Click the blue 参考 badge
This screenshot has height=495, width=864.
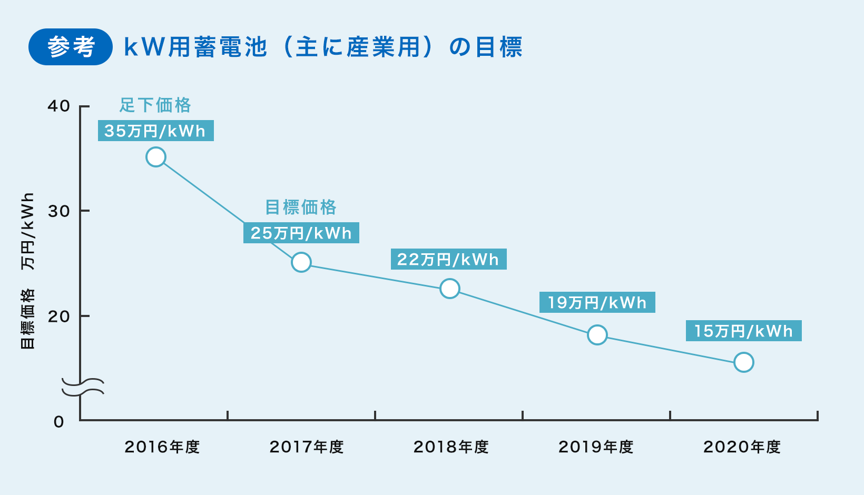[71, 47]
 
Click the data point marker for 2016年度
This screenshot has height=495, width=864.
[156, 157]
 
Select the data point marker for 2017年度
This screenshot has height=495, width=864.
[301, 262]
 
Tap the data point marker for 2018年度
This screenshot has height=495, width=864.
[450, 289]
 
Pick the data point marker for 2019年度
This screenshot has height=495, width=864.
[597, 335]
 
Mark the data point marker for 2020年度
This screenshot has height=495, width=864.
[744, 362]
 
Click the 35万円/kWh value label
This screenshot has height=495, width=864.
[155, 131]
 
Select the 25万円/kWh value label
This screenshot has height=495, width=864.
[301, 233]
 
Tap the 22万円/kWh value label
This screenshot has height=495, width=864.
[448, 259]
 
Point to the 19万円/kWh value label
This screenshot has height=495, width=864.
[597, 302]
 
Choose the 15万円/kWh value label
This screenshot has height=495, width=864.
[743, 331]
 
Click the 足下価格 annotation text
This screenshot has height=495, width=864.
[155, 105]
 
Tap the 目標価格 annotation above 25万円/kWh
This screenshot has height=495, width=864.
[301, 207]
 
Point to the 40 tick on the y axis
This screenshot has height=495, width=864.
[59, 106]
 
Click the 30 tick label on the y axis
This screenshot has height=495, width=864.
[59, 211]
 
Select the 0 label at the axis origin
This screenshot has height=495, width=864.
[59, 422]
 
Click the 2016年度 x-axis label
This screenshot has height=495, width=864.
[162, 447]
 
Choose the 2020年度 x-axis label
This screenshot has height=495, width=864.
[742, 447]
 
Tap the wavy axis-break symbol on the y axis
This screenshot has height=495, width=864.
[83, 386]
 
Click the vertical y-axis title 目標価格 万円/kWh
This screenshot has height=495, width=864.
[27, 271]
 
